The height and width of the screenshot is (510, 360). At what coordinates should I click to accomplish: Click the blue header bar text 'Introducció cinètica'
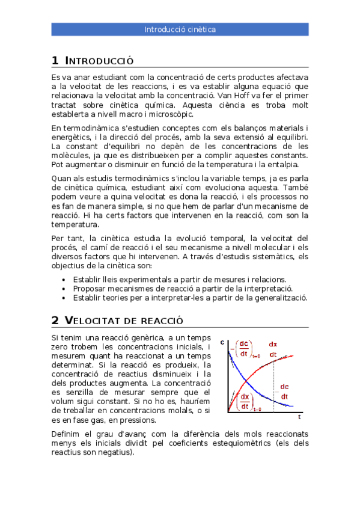click(180, 29)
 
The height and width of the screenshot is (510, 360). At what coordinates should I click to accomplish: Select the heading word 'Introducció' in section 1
click(99, 61)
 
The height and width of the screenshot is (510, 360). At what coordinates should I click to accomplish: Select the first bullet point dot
click(64, 280)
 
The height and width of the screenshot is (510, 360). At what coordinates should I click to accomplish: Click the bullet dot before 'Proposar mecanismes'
click(64, 289)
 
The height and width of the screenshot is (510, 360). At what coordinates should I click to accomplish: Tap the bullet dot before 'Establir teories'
click(64, 298)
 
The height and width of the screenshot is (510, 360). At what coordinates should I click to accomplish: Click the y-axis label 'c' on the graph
click(222, 343)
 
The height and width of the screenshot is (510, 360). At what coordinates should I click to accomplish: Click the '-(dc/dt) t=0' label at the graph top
click(243, 349)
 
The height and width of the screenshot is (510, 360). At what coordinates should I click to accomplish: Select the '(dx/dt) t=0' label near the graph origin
click(246, 401)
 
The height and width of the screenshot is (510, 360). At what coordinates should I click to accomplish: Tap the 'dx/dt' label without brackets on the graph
click(273, 349)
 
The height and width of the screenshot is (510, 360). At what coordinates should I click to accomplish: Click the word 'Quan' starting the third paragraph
click(61, 179)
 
